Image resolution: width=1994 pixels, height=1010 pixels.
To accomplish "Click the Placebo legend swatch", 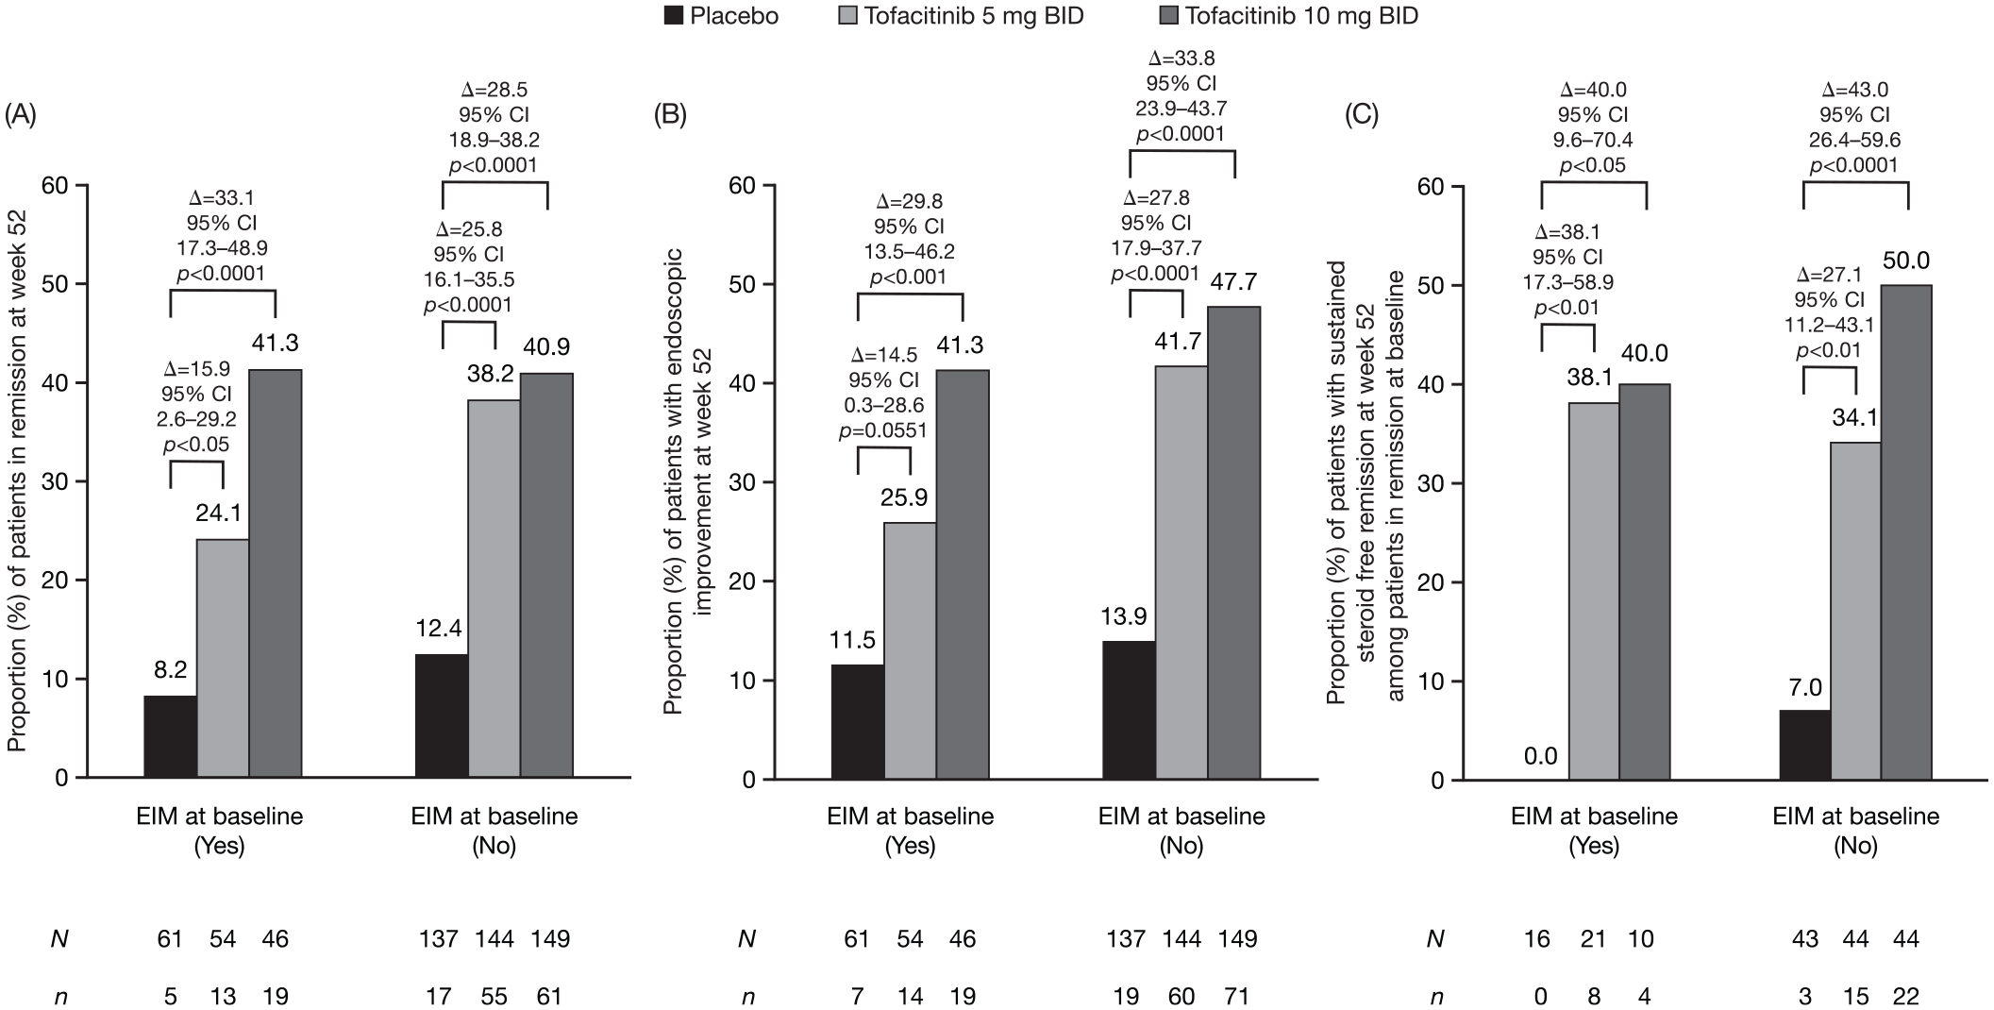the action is point(673,16).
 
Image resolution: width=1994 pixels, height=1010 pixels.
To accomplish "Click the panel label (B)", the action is point(671,115).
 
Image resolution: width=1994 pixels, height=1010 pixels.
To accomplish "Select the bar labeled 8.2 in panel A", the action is point(170,736).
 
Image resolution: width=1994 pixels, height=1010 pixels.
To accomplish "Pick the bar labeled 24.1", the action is point(223,658).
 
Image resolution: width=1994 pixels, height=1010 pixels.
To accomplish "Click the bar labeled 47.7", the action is point(1234,543).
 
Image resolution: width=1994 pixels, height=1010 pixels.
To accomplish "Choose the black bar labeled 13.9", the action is point(1129,710).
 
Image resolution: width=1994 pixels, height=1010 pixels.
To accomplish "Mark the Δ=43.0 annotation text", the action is point(1855,91).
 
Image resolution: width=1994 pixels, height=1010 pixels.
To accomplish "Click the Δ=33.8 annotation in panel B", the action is point(1181,59).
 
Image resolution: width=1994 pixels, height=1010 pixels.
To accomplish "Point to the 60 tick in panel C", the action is point(1431,186).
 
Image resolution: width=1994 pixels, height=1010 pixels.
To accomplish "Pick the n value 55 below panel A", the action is point(494,997).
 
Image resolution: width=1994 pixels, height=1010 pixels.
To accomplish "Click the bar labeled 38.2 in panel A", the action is point(494,588).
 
